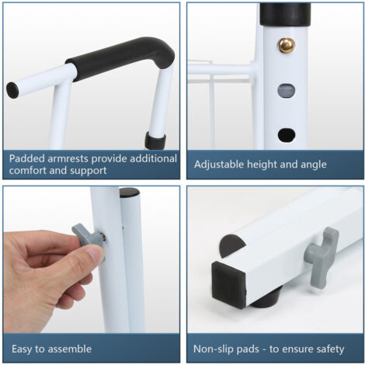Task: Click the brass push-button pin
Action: coord(287,45)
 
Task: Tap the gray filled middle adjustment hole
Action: coord(287,91)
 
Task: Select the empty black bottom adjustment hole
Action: coord(287,135)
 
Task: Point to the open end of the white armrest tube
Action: coord(12,90)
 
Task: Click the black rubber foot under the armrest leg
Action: coord(155,141)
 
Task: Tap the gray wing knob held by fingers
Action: coord(88,235)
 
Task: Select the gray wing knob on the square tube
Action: coord(322,258)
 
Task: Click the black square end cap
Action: coord(229,284)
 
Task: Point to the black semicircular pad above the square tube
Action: coord(231,245)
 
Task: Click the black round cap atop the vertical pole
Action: coord(130,193)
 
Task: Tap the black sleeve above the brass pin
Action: coord(285,14)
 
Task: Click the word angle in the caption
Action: coord(314,165)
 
